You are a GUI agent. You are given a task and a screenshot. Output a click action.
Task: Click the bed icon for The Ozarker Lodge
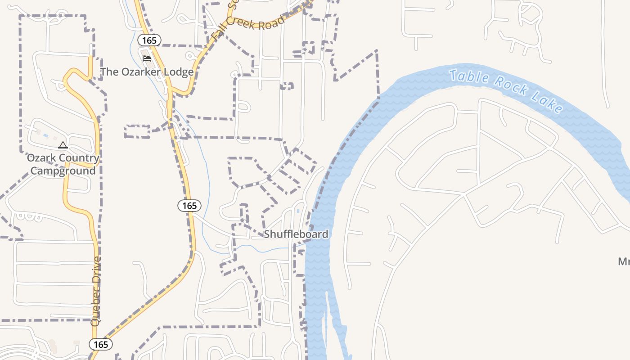point(147,58)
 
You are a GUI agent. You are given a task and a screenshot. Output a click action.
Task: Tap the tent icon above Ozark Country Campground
point(63,145)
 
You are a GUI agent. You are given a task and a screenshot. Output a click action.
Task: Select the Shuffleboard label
point(296,234)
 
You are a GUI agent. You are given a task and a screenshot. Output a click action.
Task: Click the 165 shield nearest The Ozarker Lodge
point(149,40)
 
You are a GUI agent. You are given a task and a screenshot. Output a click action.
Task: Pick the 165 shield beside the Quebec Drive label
point(101,344)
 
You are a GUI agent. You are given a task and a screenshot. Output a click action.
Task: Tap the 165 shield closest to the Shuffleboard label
point(189,206)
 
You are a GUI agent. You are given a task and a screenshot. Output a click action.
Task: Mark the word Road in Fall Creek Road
point(273,22)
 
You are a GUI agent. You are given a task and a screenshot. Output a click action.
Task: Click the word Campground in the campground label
point(63,171)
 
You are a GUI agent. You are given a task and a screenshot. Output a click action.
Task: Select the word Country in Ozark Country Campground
point(77,158)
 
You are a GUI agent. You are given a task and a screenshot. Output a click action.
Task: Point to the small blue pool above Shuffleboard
point(298,211)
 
